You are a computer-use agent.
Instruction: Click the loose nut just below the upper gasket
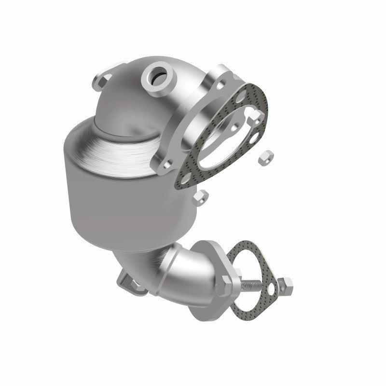click(x=202, y=197)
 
